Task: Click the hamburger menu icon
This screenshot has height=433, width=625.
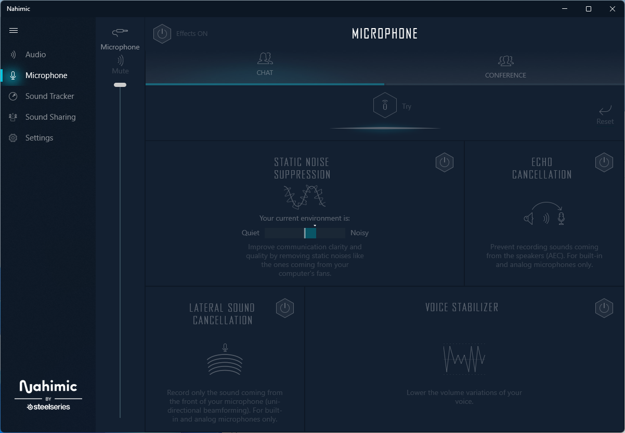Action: [14, 30]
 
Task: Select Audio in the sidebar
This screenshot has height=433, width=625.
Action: [35, 55]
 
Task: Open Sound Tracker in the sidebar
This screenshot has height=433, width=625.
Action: [49, 96]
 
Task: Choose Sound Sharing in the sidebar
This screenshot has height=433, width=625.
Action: [50, 117]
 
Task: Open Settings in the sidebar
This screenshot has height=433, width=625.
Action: [39, 138]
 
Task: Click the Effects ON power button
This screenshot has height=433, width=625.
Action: [162, 33]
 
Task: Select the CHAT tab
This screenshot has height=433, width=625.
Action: [265, 65]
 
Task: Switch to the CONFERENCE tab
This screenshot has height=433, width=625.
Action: [505, 67]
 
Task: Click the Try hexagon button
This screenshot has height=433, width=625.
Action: [385, 106]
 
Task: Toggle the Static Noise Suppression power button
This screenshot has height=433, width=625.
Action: [444, 162]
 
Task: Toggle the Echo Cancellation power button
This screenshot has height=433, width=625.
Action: [604, 162]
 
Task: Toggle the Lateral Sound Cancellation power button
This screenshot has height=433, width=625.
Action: [284, 308]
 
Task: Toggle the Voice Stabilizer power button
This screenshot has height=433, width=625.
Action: [604, 308]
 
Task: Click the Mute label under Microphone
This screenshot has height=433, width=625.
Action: [120, 71]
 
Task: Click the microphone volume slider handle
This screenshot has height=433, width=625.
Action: [120, 85]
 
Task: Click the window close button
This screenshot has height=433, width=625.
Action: [613, 9]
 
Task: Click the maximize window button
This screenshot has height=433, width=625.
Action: [589, 9]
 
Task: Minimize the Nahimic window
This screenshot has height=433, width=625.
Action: [565, 9]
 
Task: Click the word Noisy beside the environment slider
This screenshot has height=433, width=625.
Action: [359, 233]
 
